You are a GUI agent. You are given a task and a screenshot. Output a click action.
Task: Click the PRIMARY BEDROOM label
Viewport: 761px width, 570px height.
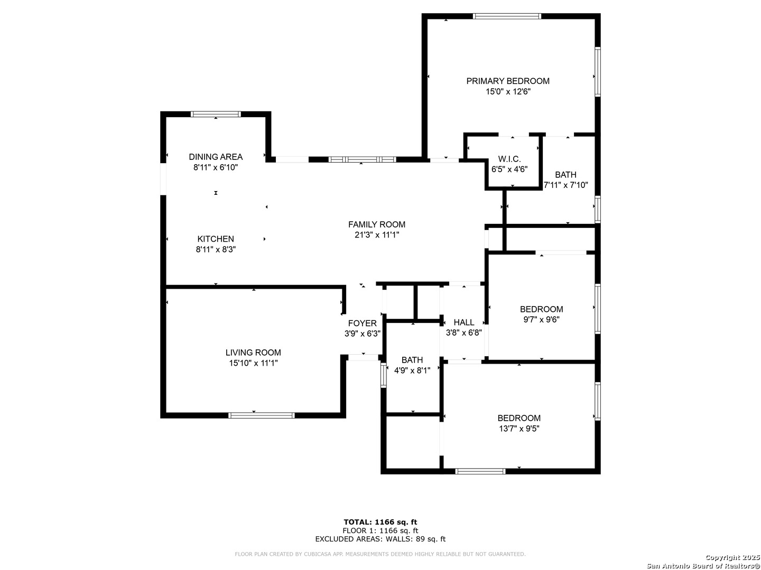507,81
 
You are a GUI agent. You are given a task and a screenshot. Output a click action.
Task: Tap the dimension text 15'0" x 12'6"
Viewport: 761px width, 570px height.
508,92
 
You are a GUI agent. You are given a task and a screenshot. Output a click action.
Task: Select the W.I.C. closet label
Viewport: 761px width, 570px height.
509,159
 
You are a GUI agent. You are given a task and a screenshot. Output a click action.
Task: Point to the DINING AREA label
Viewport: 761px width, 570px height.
216,157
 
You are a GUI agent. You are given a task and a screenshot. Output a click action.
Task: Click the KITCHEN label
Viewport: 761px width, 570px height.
216,239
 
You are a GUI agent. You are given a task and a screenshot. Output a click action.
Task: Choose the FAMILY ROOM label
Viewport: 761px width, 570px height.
377,225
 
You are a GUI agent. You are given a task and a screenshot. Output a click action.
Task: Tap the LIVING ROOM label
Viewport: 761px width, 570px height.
253,353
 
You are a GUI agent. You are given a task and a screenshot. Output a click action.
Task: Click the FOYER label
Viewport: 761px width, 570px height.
363,323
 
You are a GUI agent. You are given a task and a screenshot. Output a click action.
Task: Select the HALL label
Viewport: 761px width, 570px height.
464,322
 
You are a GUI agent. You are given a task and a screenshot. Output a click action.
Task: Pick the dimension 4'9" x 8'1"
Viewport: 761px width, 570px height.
412,370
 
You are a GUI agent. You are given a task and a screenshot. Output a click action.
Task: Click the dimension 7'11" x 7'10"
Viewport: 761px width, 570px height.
566,185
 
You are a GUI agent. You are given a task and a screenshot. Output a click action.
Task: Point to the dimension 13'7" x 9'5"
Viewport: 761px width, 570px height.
519,429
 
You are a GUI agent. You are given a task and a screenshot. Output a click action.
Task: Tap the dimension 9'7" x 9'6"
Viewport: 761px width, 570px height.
541,319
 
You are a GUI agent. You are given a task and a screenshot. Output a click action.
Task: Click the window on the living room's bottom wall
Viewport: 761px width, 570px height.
262,415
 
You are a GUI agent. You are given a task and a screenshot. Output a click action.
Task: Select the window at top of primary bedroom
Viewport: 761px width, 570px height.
507,16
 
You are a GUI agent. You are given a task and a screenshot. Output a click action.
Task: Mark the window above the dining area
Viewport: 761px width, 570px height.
216,114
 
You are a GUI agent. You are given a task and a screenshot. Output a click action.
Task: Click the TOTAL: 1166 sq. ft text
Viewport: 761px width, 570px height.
380,522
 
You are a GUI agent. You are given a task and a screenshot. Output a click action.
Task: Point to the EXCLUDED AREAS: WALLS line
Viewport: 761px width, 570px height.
380,539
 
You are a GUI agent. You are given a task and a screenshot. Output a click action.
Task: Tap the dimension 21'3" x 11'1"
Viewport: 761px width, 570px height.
377,235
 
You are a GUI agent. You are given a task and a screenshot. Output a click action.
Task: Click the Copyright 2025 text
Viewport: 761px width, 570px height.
732,557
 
